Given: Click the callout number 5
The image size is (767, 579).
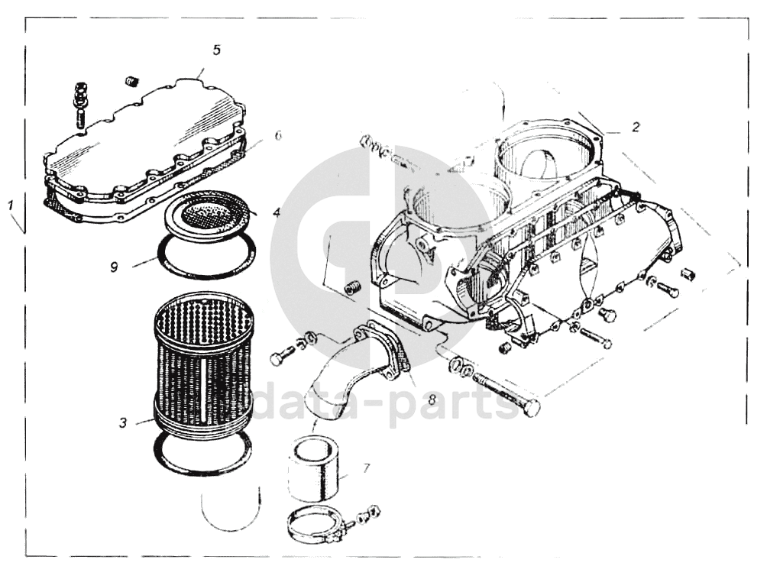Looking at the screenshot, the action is pos(217,50).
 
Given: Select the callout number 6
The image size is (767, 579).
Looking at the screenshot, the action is pos(278,135).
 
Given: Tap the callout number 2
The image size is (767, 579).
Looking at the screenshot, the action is pos(636,127).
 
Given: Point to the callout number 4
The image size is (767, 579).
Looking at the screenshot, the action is pos(277,212).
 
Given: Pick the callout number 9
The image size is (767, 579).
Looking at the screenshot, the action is pos(114,267).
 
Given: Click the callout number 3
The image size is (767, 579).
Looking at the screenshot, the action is pos(123,422).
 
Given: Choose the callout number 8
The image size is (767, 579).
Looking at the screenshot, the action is pos(432,399).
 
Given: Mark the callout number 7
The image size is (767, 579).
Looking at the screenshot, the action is pos(366,469).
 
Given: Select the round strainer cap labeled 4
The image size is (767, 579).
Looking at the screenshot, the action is pos(211,215).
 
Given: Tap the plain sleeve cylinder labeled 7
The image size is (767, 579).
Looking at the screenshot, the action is pos(311,469).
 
